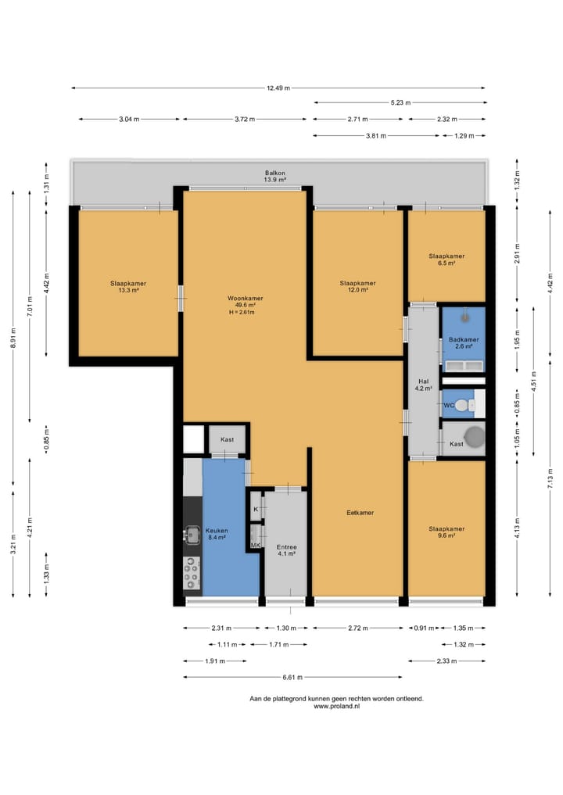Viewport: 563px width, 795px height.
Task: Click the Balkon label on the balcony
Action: [275, 173]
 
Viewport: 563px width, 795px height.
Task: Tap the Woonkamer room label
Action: [246, 298]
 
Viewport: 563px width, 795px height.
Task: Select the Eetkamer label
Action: [360, 513]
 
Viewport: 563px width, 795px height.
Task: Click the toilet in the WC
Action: [461, 405]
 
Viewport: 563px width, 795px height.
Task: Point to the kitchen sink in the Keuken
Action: [192, 535]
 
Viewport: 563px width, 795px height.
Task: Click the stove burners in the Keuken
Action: [192, 573]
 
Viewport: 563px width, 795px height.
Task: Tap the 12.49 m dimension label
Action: [278, 88]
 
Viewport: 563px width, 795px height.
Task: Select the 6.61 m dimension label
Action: [292, 677]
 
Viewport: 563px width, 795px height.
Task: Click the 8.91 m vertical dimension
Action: [13, 338]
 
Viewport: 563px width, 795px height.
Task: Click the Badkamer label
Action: [464, 340]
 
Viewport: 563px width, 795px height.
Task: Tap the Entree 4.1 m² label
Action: [286, 550]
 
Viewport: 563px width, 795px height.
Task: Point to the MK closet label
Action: [256, 545]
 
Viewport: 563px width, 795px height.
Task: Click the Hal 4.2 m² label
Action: [424, 385]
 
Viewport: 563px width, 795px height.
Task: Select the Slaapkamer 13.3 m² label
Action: [128, 286]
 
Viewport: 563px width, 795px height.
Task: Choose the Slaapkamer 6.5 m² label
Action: [446, 260]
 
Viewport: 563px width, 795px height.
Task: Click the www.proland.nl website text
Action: [337, 706]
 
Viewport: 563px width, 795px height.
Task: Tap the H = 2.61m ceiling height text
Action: [242, 313]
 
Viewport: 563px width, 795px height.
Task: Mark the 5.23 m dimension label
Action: [400, 102]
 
